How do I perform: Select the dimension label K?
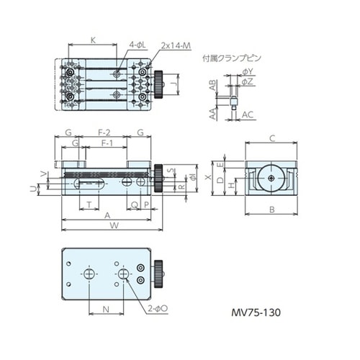(x=94, y=40)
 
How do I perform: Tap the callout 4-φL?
(x=138, y=45)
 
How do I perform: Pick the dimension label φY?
(x=248, y=72)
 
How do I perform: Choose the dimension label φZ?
(x=248, y=82)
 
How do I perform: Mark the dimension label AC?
(x=248, y=114)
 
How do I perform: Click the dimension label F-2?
(x=104, y=132)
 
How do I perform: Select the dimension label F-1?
(x=107, y=144)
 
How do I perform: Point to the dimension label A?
(x=107, y=215)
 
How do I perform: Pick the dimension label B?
(x=272, y=210)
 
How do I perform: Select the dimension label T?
(x=89, y=204)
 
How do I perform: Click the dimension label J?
(x=177, y=84)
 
